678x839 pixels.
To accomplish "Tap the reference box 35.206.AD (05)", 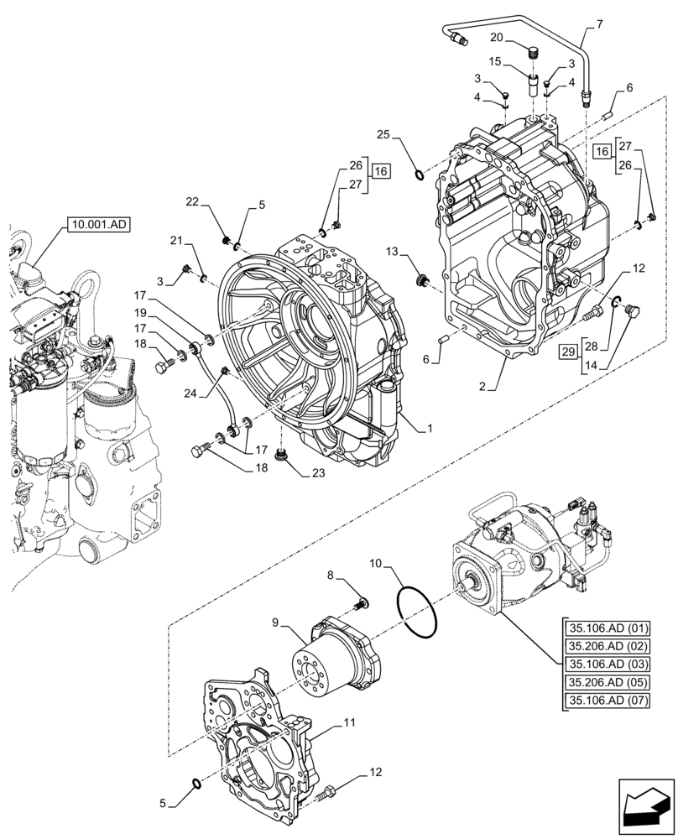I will click(x=608, y=682).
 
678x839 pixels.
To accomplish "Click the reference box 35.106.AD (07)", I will click(x=608, y=701).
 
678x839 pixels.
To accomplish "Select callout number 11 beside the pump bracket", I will click(x=349, y=722).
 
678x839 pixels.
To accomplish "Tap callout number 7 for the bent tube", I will click(x=599, y=26).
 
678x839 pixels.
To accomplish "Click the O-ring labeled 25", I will click(x=418, y=175).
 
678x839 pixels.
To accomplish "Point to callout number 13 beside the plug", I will click(x=393, y=253).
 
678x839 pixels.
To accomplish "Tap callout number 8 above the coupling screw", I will click(x=330, y=575).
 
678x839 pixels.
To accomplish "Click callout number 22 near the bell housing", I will click(x=192, y=201).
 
